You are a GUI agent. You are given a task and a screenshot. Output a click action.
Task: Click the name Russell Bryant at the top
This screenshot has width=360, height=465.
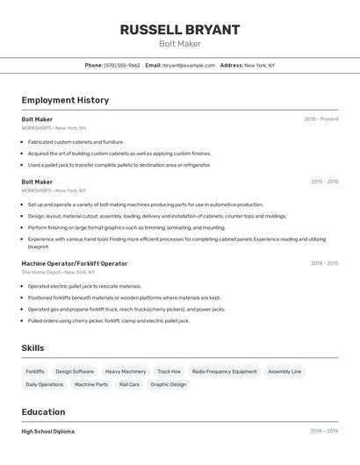[180, 30]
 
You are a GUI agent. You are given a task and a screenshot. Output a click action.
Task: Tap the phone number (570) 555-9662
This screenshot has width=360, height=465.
[122, 65]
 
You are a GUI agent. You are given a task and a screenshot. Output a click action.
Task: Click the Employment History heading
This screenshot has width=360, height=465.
[65, 100]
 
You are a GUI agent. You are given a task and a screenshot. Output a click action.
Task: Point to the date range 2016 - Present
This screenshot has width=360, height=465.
[321, 119]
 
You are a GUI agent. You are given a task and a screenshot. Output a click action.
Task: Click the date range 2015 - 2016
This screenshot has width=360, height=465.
[324, 182]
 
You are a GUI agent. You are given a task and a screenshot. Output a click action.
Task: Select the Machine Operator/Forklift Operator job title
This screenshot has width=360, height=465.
[75, 263]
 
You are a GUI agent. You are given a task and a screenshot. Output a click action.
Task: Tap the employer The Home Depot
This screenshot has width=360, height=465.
[40, 272]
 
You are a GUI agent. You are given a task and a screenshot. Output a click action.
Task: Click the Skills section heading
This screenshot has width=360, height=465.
[32, 348]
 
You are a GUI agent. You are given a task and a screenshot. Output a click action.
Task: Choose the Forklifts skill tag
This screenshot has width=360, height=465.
[35, 371]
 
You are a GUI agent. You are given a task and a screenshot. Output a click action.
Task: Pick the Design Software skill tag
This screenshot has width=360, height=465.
[75, 371]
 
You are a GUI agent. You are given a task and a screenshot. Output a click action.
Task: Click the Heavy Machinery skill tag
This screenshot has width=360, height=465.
[126, 371]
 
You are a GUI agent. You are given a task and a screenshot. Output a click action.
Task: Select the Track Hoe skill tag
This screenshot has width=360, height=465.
[169, 371]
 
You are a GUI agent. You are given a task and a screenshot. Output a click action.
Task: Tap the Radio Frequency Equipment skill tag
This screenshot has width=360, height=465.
[224, 371]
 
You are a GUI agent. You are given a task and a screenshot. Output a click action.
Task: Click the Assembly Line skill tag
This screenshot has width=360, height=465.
[284, 371]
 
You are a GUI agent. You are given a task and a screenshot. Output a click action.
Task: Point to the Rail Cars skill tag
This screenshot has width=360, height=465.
[129, 384]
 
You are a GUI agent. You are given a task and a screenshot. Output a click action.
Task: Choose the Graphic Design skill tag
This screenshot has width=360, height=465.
[169, 384]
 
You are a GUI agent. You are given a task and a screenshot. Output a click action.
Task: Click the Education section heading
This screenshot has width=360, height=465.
[43, 412]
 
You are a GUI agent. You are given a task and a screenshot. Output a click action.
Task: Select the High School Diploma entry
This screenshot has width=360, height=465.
[48, 432]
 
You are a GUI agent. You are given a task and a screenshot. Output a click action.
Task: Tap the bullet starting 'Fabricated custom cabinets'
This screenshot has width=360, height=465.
[76, 141]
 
